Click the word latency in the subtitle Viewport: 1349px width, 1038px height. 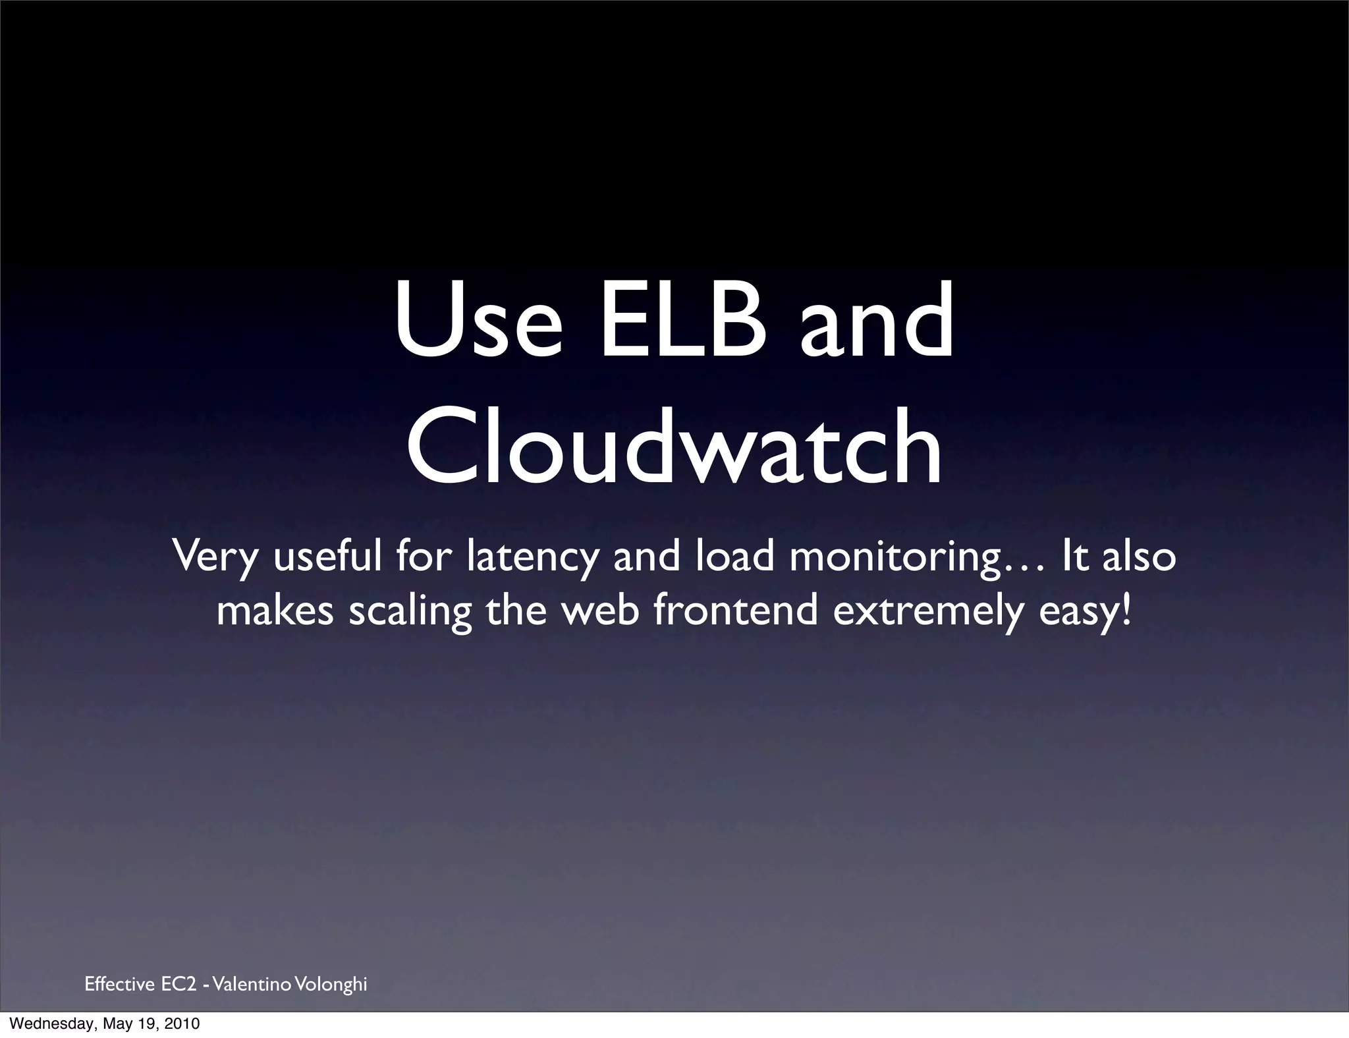532,557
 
